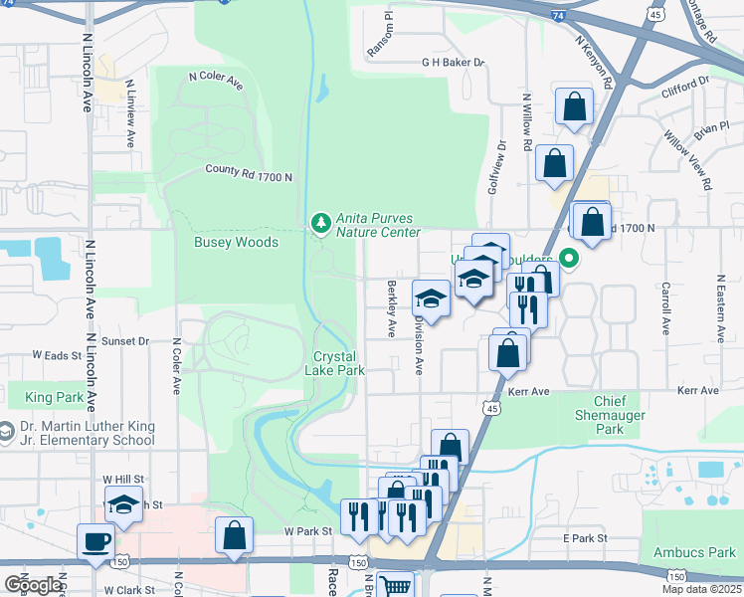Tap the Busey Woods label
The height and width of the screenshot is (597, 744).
[236, 242]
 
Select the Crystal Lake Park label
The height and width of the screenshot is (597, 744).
[339, 363]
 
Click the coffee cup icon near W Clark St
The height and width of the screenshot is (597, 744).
[96, 543]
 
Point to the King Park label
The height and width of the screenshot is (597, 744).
[55, 397]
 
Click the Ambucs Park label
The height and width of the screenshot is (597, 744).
[694, 552]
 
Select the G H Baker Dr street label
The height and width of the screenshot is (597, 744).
[453, 62]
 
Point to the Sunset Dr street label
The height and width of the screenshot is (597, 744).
[125, 340]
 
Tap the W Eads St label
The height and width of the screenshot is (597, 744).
[56, 354]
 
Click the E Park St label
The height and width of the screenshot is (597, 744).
[584, 538]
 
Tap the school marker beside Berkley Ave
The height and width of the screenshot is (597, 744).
[432, 298]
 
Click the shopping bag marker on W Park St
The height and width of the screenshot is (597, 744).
[234, 535]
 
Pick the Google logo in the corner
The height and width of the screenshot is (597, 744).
[33, 584]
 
